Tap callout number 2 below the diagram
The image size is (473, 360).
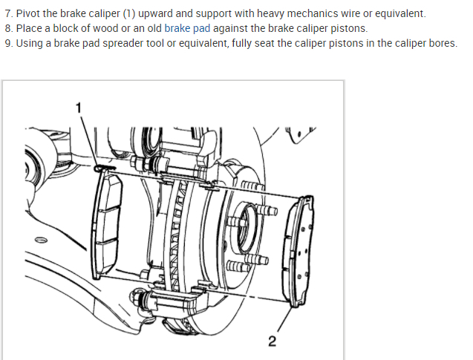[x=272, y=341]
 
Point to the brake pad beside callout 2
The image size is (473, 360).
[x=301, y=248]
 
